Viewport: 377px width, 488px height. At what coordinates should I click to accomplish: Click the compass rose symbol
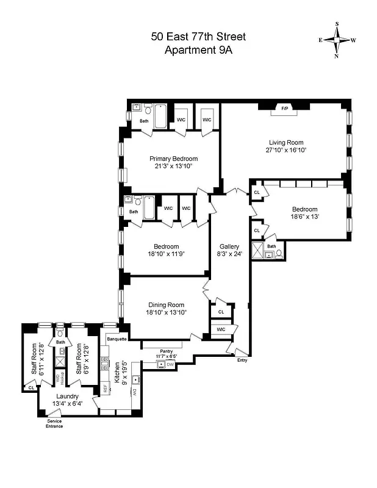337,40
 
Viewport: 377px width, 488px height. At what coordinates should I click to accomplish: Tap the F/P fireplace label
284,109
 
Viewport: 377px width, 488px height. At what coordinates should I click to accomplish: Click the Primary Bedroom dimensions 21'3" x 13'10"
174,166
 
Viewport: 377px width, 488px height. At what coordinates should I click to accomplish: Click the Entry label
243,361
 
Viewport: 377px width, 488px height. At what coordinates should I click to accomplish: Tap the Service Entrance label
55,423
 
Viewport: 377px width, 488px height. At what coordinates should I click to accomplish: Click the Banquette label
117,339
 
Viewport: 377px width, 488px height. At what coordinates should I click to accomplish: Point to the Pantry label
167,351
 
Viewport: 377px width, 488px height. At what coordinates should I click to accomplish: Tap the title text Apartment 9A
198,50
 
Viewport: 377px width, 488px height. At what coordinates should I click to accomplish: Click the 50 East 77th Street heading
198,37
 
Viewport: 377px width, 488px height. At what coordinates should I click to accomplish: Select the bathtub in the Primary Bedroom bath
160,116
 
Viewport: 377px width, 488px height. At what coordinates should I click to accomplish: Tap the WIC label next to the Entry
220,329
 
